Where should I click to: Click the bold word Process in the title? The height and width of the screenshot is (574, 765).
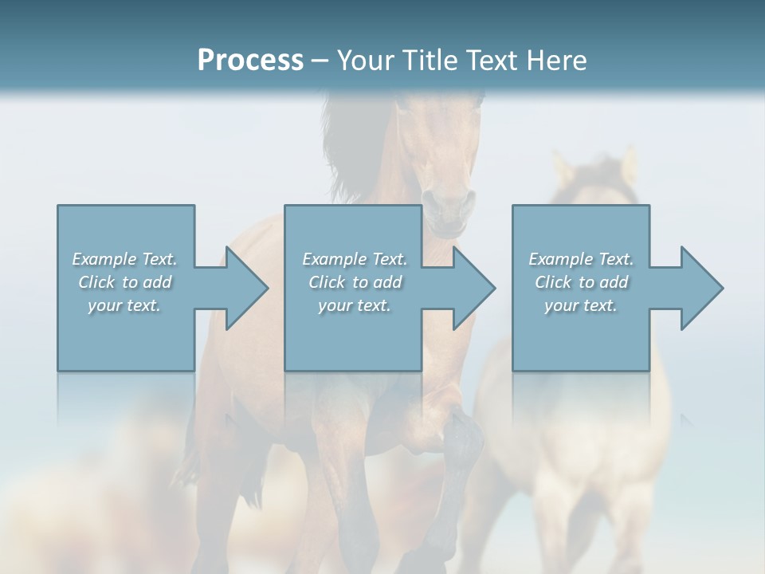[250, 61]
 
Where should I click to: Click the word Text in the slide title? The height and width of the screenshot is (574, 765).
[492, 61]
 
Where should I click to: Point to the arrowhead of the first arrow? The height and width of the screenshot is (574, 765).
[247, 288]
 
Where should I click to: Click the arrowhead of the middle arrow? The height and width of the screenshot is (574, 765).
[474, 288]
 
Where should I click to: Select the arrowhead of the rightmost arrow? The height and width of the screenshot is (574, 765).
[701, 288]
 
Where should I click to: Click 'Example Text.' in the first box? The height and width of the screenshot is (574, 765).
[124, 259]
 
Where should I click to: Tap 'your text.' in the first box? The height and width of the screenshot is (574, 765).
[124, 305]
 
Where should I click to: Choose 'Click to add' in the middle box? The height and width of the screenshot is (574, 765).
[355, 282]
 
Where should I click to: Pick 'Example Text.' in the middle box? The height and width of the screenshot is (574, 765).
[355, 259]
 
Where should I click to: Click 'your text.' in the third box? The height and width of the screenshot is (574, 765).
[581, 305]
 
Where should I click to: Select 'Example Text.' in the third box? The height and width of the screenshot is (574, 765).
[581, 259]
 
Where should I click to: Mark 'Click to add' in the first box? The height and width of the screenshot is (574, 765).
[124, 282]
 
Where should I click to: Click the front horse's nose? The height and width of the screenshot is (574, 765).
[446, 211]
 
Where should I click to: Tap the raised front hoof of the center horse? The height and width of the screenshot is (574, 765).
[466, 434]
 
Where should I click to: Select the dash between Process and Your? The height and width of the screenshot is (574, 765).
[320, 61]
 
